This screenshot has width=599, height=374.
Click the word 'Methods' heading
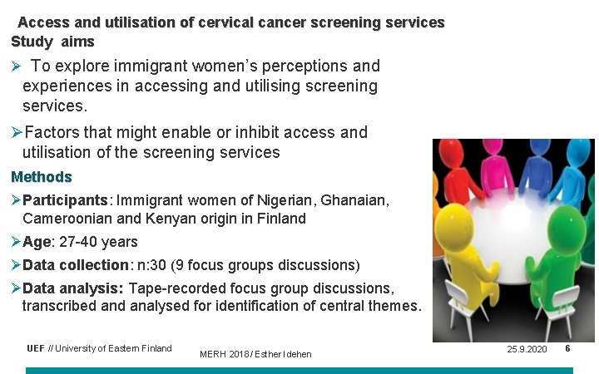(x=42, y=177)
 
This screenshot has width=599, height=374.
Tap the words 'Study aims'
(x=52, y=42)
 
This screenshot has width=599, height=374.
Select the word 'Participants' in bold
(x=67, y=200)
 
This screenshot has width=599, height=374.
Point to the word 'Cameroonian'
(x=66, y=219)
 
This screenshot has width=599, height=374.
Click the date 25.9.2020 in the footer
(x=527, y=349)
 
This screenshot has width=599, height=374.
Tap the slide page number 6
(x=567, y=348)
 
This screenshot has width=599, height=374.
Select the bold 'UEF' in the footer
(x=36, y=348)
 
